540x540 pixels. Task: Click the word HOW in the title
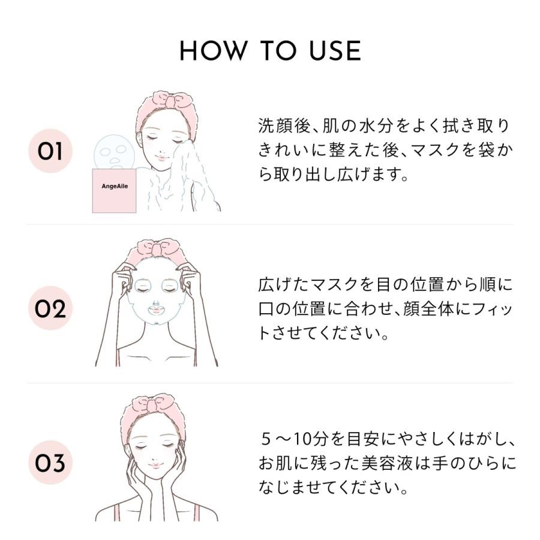pyautogui.click(x=212, y=52)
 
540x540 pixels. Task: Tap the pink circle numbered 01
pyautogui.click(x=50, y=151)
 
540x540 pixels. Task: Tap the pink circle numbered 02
pyautogui.click(x=50, y=309)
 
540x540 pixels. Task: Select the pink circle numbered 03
pyautogui.click(x=50, y=463)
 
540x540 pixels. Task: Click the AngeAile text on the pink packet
pyautogui.click(x=114, y=186)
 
